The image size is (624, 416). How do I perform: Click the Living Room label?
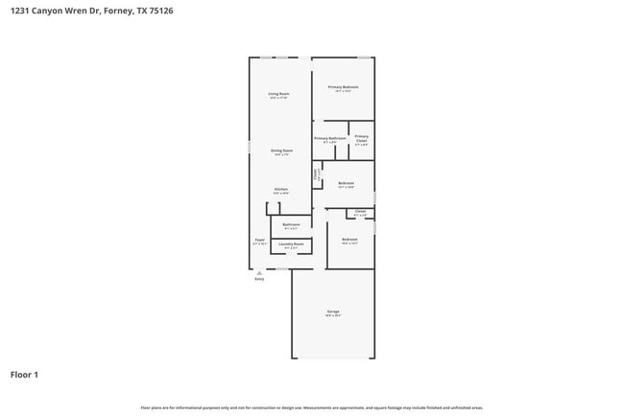279,93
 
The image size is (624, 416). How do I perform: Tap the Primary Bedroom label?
343,87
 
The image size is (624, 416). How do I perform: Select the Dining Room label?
281,150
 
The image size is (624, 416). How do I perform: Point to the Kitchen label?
280,189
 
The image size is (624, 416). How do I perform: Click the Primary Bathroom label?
329,138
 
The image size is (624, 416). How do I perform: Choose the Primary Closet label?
361,138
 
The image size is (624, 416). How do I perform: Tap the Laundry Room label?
291,244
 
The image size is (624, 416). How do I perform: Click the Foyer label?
259,240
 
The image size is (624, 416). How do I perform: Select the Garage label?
333,312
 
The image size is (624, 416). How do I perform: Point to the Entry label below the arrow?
259,279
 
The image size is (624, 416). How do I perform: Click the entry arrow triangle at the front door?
259,272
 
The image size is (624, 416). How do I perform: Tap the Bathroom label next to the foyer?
291,225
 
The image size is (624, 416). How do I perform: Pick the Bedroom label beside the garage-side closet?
349,239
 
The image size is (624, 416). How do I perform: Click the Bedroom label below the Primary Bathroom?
346,183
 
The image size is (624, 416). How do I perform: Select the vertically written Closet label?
316,175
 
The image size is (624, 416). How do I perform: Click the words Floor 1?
24,374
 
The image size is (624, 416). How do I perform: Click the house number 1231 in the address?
20,12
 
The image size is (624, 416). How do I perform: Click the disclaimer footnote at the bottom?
311,407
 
